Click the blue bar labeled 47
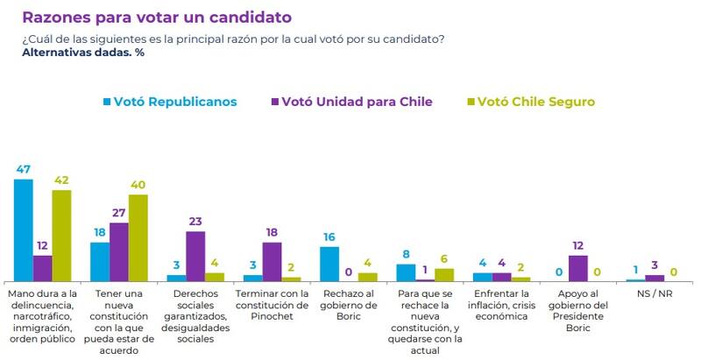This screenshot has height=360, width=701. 24,229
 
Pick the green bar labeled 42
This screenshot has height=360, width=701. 61,235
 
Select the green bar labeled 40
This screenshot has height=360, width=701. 138,237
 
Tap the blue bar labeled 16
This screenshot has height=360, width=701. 329,264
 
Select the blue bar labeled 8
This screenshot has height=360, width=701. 406,272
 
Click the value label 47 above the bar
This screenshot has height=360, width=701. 24,169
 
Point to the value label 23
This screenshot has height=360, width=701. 195,222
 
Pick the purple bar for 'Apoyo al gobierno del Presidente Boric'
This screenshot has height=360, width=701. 577,268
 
